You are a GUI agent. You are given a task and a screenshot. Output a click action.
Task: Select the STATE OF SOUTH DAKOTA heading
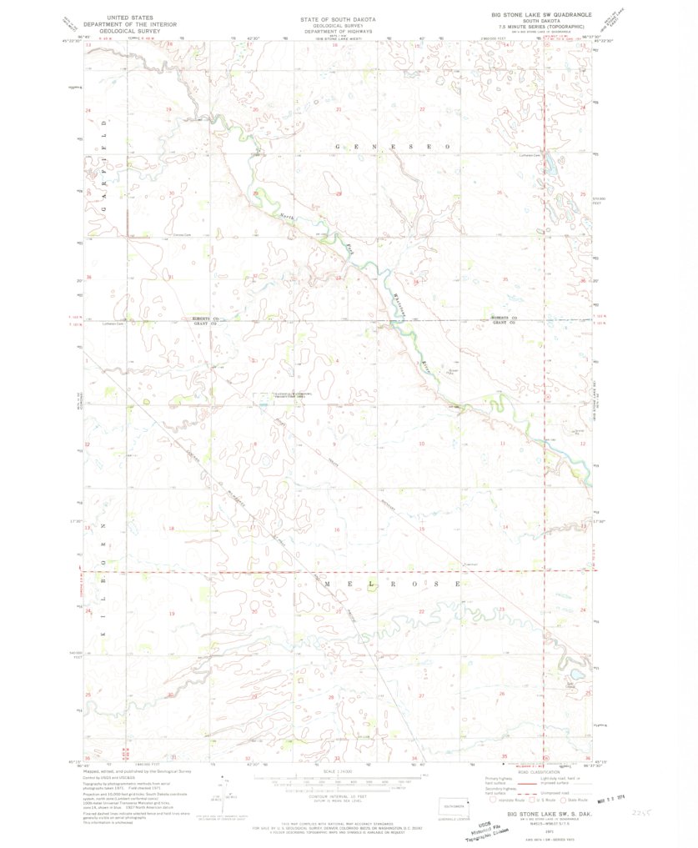click(338, 18)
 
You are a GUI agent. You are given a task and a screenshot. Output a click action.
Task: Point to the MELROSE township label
click(391, 585)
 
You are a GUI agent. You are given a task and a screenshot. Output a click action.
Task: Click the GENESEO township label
click(392, 146)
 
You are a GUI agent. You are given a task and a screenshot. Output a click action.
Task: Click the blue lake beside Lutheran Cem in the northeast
click(551, 166)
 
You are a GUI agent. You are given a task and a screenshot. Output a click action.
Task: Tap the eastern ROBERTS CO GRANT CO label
click(504, 320)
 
